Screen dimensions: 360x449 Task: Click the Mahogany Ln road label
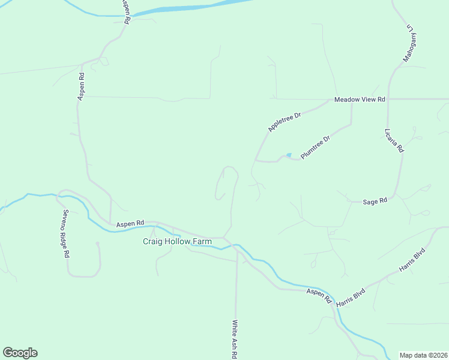[x=411, y=43]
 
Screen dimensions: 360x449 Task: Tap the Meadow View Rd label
[x=360, y=99]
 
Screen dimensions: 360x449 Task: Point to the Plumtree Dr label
[x=316, y=148]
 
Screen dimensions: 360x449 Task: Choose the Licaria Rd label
[x=394, y=140]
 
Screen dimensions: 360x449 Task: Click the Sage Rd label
[x=375, y=202]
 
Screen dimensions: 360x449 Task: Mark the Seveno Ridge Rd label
[x=65, y=233]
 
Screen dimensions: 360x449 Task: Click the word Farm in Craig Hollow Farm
[x=201, y=242]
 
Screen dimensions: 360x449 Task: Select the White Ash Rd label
[x=235, y=338]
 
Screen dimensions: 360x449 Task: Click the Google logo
[x=20, y=353]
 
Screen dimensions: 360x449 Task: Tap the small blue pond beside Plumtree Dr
[x=289, y=155]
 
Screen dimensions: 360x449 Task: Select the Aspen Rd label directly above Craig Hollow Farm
[x=130, y=223]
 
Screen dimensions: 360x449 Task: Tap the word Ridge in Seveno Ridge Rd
[x=65, y=237]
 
